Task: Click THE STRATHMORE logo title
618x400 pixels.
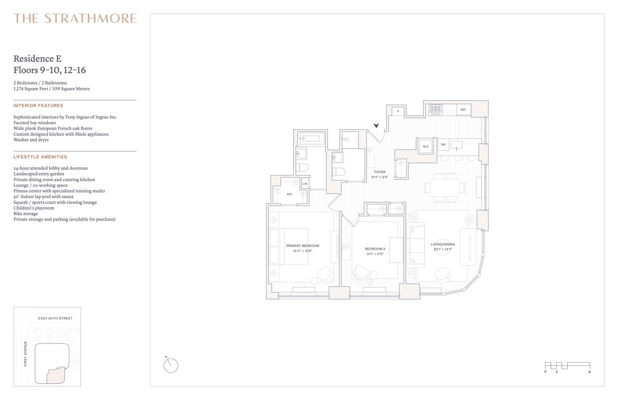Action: pyautogui.click(x=75, y=19)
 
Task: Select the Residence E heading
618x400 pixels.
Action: pyautogui.click(x=37, y=59)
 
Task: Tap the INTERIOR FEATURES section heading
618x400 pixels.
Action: pyautogui.click(x=38, y=106)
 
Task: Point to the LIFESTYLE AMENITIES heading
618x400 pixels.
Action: pyautogui.click(x=40, y=157)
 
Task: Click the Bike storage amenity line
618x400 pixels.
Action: pyautogui.click(x=26, y=214)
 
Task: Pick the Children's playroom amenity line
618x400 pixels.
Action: pyautogui.click(x=34, y=208)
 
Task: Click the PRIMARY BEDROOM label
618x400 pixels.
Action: pyautogui.click(x=302, y=246)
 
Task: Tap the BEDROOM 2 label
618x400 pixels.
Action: pyautogui.click(x=375, y=249)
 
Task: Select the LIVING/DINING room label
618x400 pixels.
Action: pyautogui.click(x=442, y=244)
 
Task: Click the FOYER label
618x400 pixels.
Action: pyautogui.click(x=379, y=172)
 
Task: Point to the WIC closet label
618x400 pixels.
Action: pyautogui.click(x=289, y=194)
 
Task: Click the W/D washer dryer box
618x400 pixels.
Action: pyautogui.click(x=426, y=146)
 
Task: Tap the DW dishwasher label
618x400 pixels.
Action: pyautogui.click(x=443, y=145)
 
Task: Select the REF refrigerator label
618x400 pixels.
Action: pyautogui.click(x=463, y=110)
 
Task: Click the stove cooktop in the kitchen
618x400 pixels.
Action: pyautogui.click(x=435, y=109)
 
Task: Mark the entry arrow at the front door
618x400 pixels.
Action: pyautogui.click(x=376, y=125)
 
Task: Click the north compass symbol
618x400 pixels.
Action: pyautogui.click(x=171, y=365)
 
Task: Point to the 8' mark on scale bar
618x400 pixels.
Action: pyautogui.click(x=590, y=372)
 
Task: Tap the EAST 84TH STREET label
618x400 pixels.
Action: pyautogui.click(x=55, y=318)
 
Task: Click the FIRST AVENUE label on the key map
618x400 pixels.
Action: pyautogui.click(x=26, y=353)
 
